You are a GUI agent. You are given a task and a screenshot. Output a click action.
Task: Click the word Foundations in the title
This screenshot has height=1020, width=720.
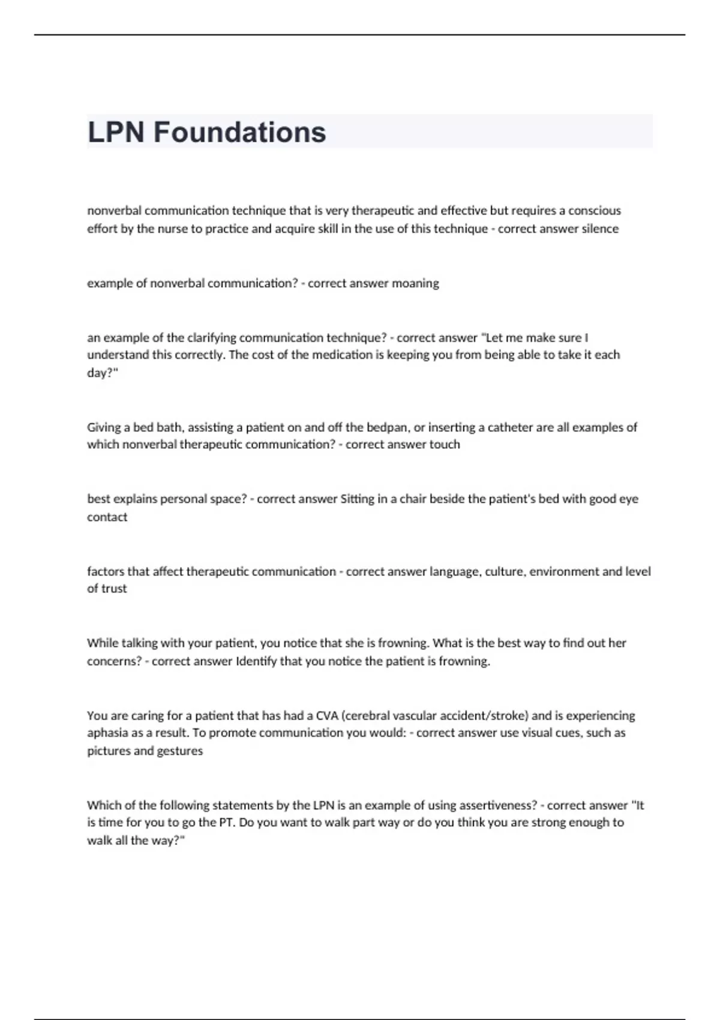(x=239, y=132)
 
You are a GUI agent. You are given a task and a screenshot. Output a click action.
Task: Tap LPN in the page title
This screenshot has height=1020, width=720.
(x=116, y=132)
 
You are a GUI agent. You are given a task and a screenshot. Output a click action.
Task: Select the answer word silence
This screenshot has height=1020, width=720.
(x=599, y=229)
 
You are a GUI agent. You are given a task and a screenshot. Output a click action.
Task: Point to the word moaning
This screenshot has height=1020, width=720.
(x=415, y=283)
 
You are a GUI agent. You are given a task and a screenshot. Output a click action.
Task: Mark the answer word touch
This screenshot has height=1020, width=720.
(x=445, y=445)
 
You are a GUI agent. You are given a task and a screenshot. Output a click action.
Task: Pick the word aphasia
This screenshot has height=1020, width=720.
(x=107, y=733)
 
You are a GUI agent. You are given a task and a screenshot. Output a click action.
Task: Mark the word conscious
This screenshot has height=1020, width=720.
(x=595, y=211)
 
